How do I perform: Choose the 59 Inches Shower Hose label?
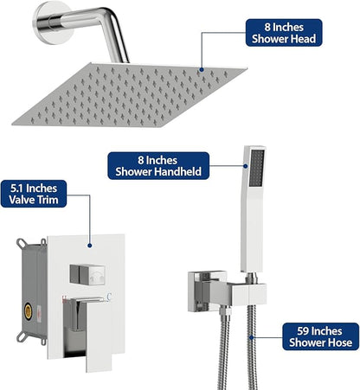pyautogui.click(x=320, y=336)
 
